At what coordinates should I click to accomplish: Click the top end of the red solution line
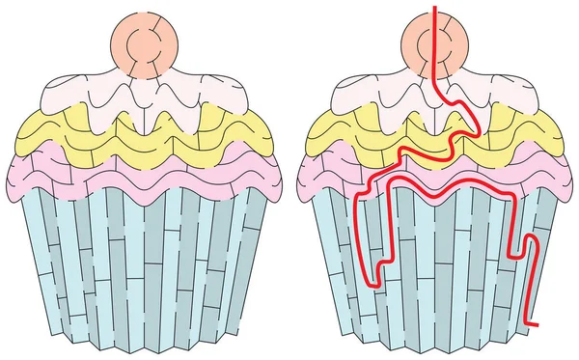tap(434, 7)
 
